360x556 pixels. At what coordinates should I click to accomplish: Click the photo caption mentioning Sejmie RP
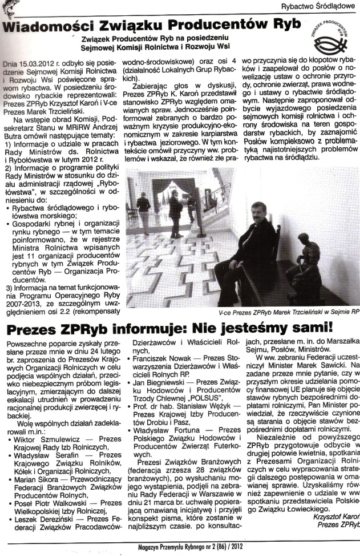(289, 313)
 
